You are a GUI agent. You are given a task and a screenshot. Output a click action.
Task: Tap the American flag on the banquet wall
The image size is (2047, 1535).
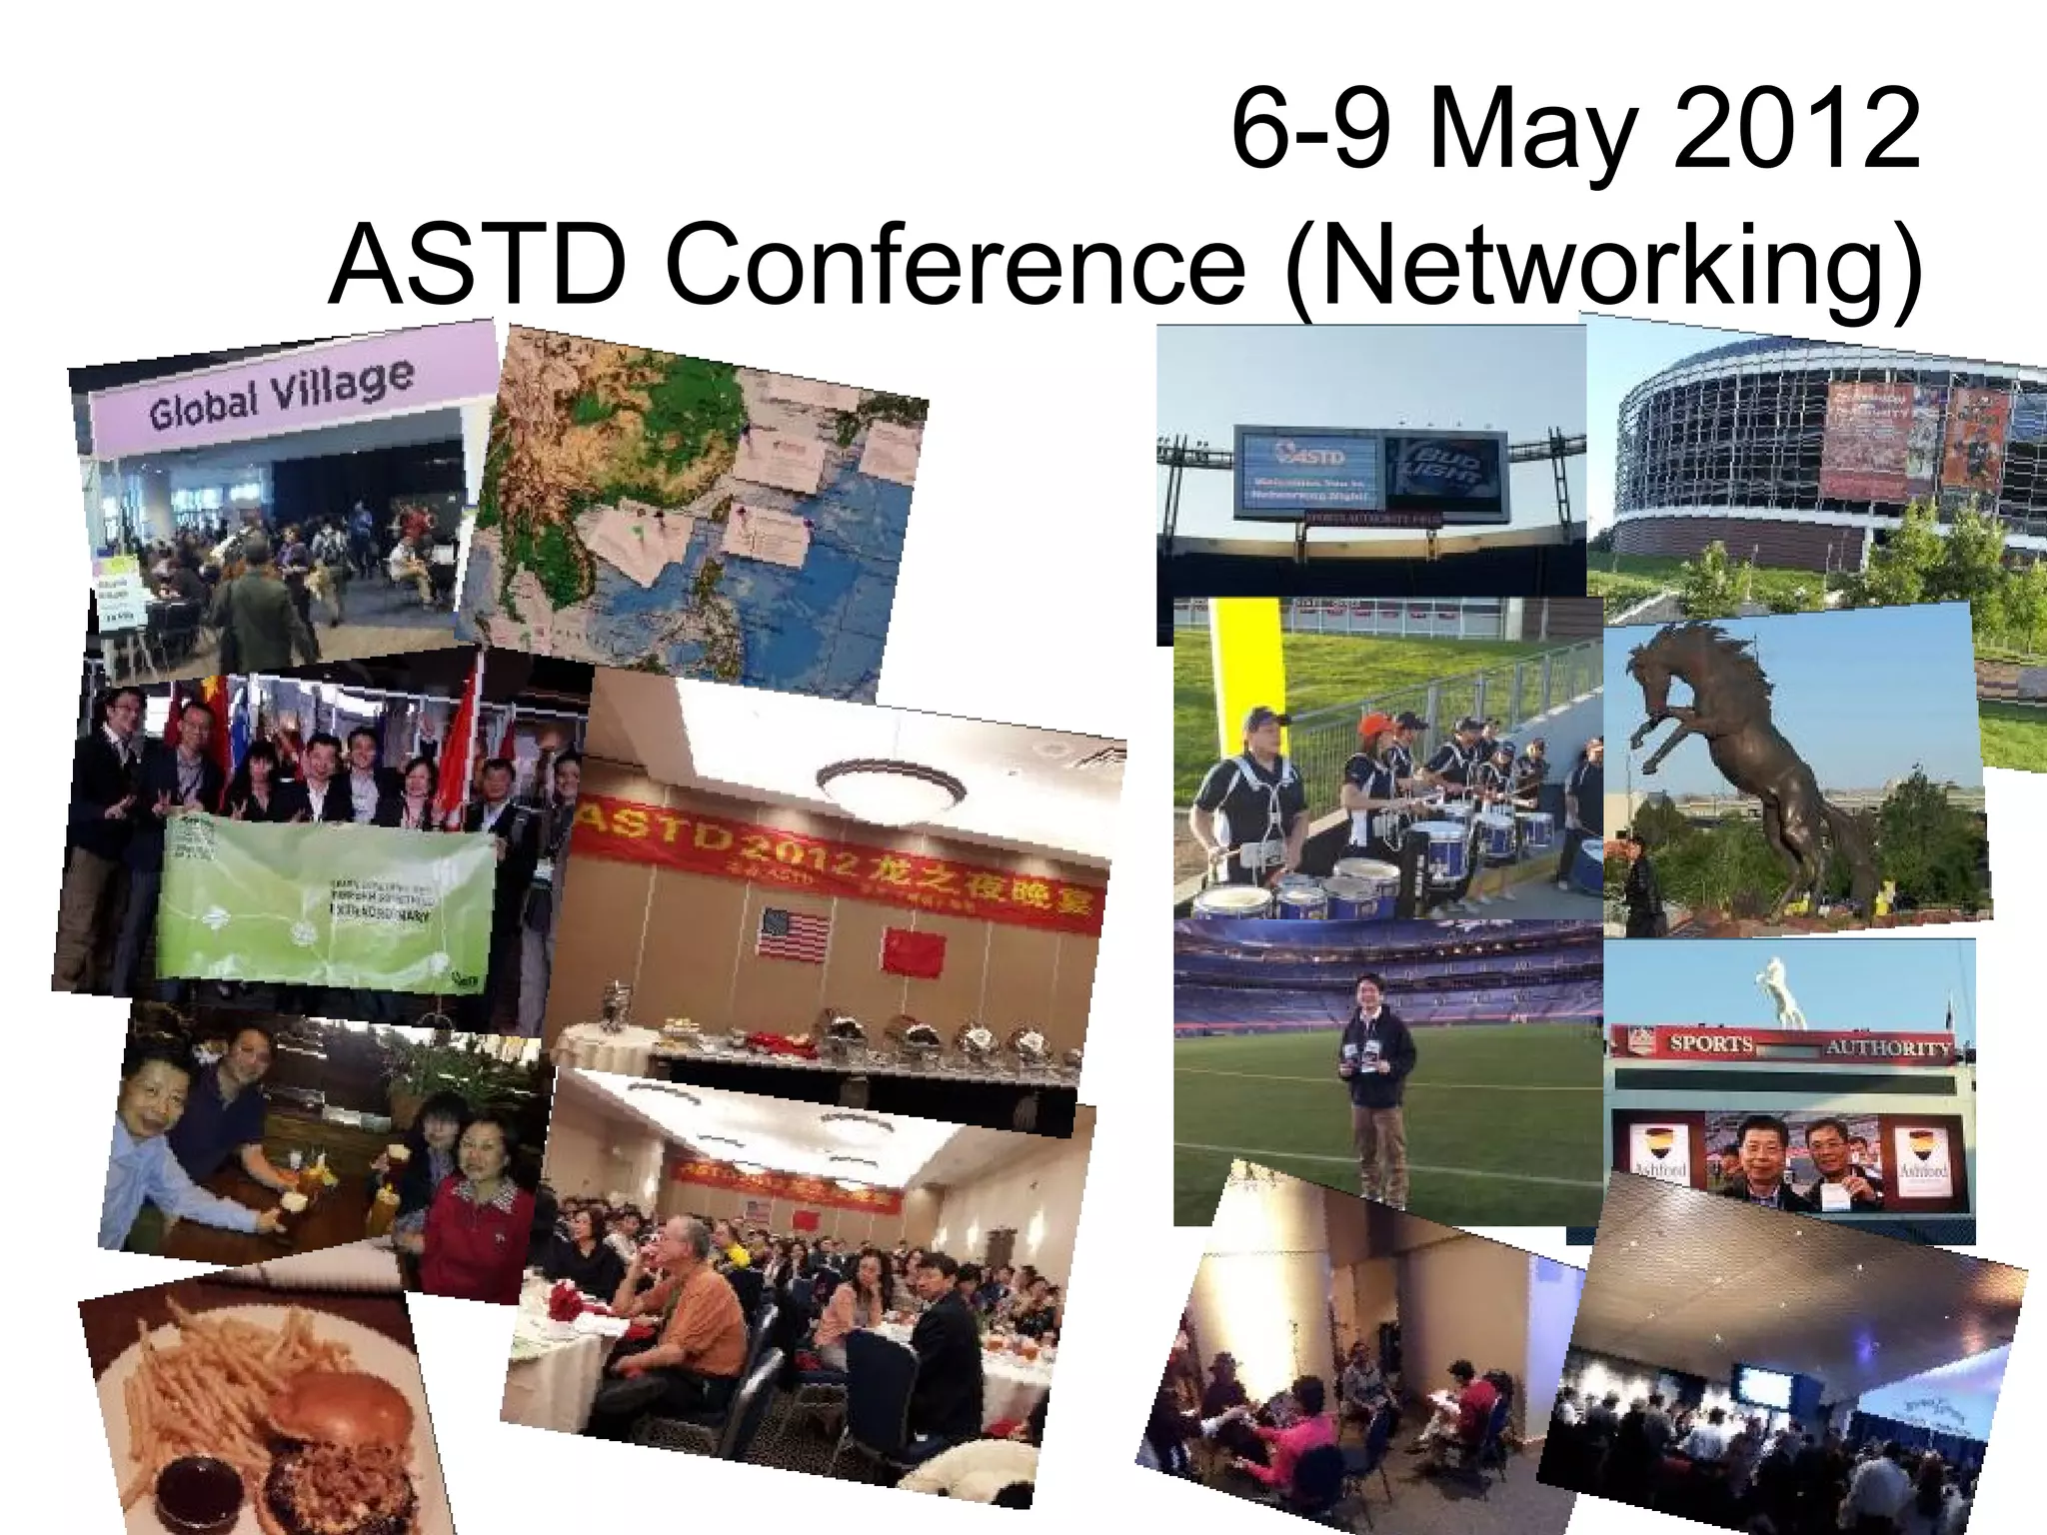pyautogui.click(x=795, y=934)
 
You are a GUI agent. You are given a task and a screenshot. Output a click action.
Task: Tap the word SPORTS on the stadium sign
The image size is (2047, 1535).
pyautogui.click(x=1711, y=1044)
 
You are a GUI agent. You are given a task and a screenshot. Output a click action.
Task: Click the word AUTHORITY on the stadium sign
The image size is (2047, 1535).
pyautogui.click(x=1887, y=1048)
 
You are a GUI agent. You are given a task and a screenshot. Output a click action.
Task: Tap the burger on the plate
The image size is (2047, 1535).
pyautogui.click(x=340, y=1439)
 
